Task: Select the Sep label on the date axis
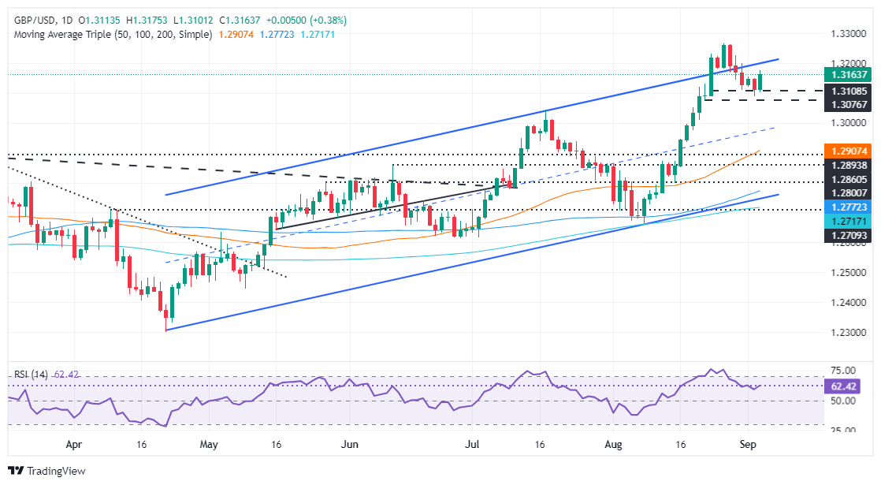coord(749,445)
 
